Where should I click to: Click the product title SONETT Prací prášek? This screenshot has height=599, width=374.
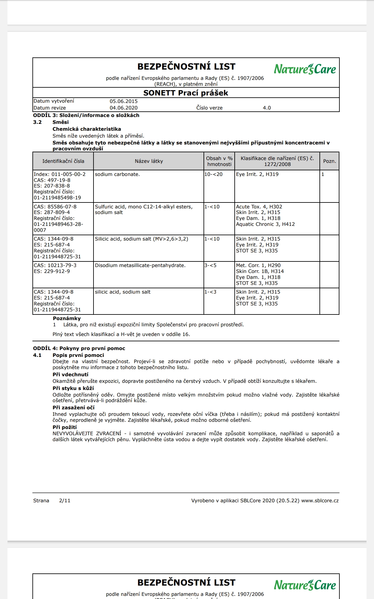click(186, 93)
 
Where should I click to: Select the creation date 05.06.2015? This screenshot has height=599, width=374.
click(123, 101)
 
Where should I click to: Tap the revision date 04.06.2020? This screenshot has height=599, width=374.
click(123, 108)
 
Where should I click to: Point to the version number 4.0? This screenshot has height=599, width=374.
click(267, 108)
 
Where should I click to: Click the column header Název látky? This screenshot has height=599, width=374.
click(149, 161)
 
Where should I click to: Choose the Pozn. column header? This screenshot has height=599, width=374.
click(329, 161)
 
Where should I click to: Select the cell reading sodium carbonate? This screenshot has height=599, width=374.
click(117, 174)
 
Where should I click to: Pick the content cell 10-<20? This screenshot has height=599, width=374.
click(213, 174)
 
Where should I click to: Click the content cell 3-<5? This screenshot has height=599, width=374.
click(210, 265)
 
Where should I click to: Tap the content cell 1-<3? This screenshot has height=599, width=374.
click(210, 292)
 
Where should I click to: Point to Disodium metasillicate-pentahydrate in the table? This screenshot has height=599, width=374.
click(140, 265)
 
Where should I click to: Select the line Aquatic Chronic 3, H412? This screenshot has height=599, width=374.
click(265, 224)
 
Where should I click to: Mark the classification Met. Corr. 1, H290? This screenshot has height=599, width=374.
click(258, 265)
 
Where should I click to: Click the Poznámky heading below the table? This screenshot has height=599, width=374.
click(67, 319)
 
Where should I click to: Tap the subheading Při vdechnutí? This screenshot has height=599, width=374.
click(70, 375)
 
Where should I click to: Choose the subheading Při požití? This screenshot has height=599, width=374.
click(65, 427)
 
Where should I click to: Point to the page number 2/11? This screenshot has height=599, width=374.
click(65, 501)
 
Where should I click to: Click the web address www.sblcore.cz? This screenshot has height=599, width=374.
click(320, 501)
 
